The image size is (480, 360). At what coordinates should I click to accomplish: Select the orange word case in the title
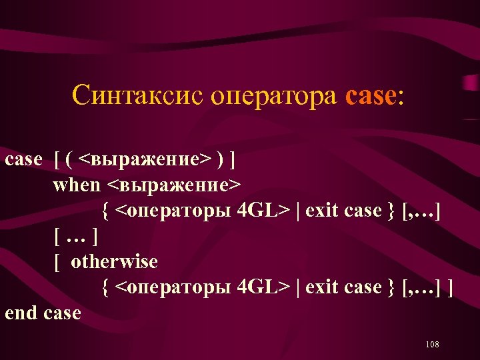(371, 96)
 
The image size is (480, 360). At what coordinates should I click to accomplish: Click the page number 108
(431, 344)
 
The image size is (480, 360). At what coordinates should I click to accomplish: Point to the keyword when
(77, 185)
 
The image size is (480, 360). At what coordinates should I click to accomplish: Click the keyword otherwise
(114, 262)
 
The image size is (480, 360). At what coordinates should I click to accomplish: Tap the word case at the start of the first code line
(23, 160)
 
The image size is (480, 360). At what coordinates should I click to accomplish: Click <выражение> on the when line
(175, 185)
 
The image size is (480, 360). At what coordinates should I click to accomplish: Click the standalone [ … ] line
(77, 237)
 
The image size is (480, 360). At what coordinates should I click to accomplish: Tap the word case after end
(62, 313)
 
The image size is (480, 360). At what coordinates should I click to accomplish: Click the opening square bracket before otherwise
(57, 262)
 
